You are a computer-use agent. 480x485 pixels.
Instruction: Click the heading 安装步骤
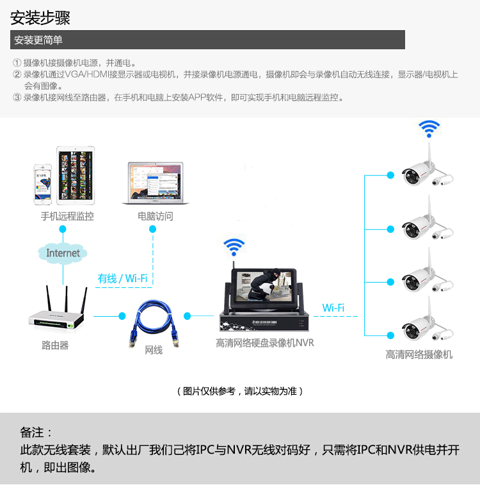click(40, 17)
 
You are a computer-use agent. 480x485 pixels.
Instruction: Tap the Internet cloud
click(63, 253)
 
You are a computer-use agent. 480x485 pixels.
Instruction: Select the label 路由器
click(55, 346)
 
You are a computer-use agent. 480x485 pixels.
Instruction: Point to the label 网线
click(154, 350)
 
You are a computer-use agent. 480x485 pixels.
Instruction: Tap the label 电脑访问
click(155, 216)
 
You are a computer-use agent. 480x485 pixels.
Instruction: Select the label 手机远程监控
click(67, 216)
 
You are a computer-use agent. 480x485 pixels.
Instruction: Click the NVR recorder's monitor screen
click(263, 283)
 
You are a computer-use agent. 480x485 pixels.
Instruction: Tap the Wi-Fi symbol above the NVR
click(234, 246)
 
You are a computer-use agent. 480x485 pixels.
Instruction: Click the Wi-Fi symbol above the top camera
click(429, 128)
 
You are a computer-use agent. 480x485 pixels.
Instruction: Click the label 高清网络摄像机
click(419, 354)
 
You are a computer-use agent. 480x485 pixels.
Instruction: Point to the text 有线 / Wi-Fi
click(122, 278)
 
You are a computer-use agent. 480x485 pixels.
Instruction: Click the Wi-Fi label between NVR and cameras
click(333, 308)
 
